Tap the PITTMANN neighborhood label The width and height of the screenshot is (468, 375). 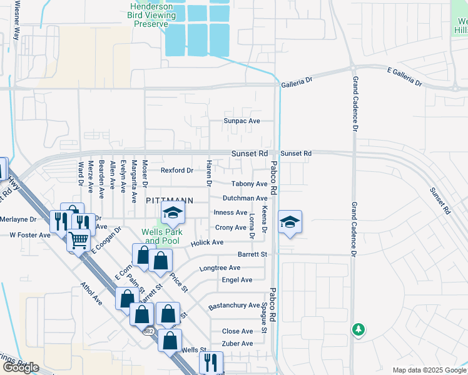pyautogui.click(x=169, y=201)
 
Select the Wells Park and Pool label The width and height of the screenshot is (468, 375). pyautogui.click(x=161, y=236)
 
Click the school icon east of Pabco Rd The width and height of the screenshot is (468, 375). pyautogui.click(x=290, y=222)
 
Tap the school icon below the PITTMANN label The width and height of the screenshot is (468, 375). pyautogui.click(x=173, y=214)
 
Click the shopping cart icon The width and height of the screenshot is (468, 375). pyautogui.click(x=78, y=239)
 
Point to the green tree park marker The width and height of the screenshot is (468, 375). pyautogui.click(x=358, y=328)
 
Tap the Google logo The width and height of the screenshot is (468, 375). pyautogui.click(x=20, y=367)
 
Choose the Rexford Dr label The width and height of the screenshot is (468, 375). pyautogui.click(x=176, y=170)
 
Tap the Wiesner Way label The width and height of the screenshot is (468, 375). pyautogui.click(x=17, y=25)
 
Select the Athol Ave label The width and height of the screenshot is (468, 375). pyautogui.click(x=91, y=292)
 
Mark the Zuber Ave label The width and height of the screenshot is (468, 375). pyautogui.click(x=237, y=344)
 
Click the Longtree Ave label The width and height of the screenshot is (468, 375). pyautogui.click(x=216, y=268)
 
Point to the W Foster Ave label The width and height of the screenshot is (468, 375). pyautogui.click(x=29, y=236)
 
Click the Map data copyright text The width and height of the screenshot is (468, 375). pyautogui.click(x=428, y=370)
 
